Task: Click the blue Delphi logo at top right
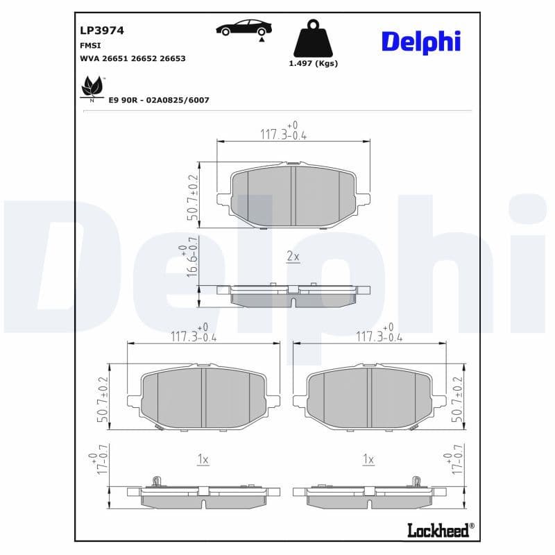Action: click(420, 42)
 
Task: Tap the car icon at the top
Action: click(244, 28)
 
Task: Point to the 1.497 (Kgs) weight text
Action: click(312, 63)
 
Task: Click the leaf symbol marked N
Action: click(91, 89)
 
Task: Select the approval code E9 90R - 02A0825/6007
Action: click(159, 100)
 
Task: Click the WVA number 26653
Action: click(172, 59)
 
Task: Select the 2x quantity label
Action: click(293, 257)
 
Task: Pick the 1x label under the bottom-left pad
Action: click(203, 459)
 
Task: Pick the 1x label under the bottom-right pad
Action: click(368, 459)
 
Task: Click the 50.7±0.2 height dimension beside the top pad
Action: click(192, 197)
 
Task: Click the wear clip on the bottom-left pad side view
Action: click(157, 480)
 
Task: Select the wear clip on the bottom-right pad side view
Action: click(417, 480)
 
